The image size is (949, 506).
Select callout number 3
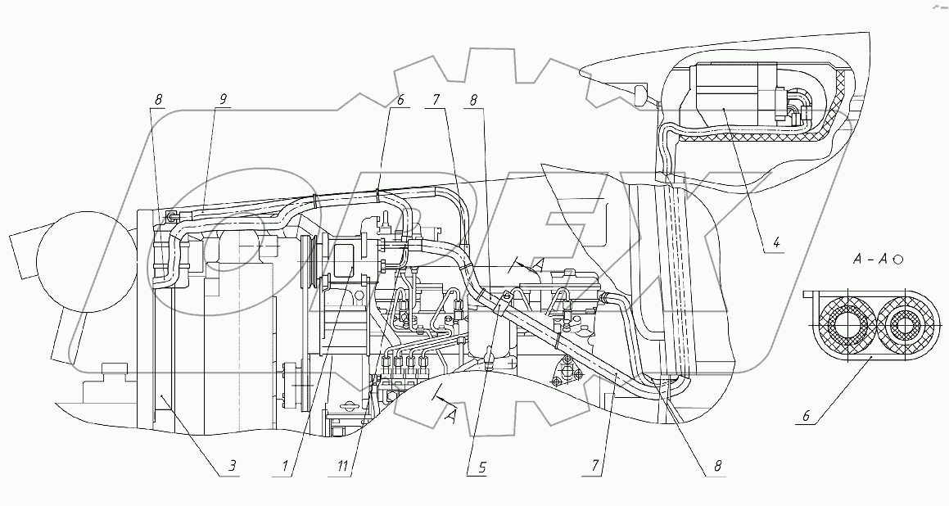[x=233, y=468]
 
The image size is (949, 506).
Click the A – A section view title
[x=870, y=260]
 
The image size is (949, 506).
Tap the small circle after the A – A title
[x=898, y=260]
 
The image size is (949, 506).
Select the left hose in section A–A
[x=839, y=325]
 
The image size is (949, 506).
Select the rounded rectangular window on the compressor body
[x=342, y=278]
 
